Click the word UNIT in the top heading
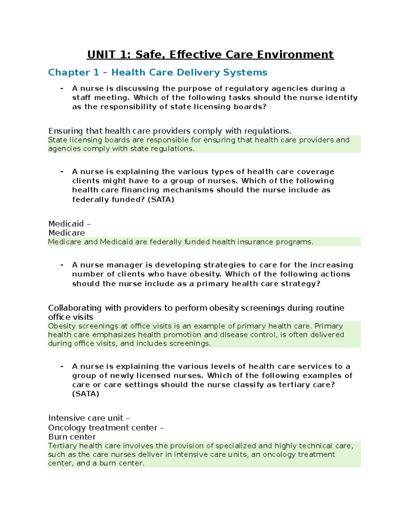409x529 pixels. click(101, 55)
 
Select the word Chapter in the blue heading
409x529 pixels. click(69, 72)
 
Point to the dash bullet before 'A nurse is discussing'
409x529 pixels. click(62, 88)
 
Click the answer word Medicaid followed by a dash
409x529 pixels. click(66, 223)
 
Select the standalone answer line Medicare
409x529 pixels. click(66, 233)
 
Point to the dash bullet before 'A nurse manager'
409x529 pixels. click(62, 265)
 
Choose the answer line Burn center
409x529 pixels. click(72, 437)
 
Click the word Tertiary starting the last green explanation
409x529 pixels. click(62, 446)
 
